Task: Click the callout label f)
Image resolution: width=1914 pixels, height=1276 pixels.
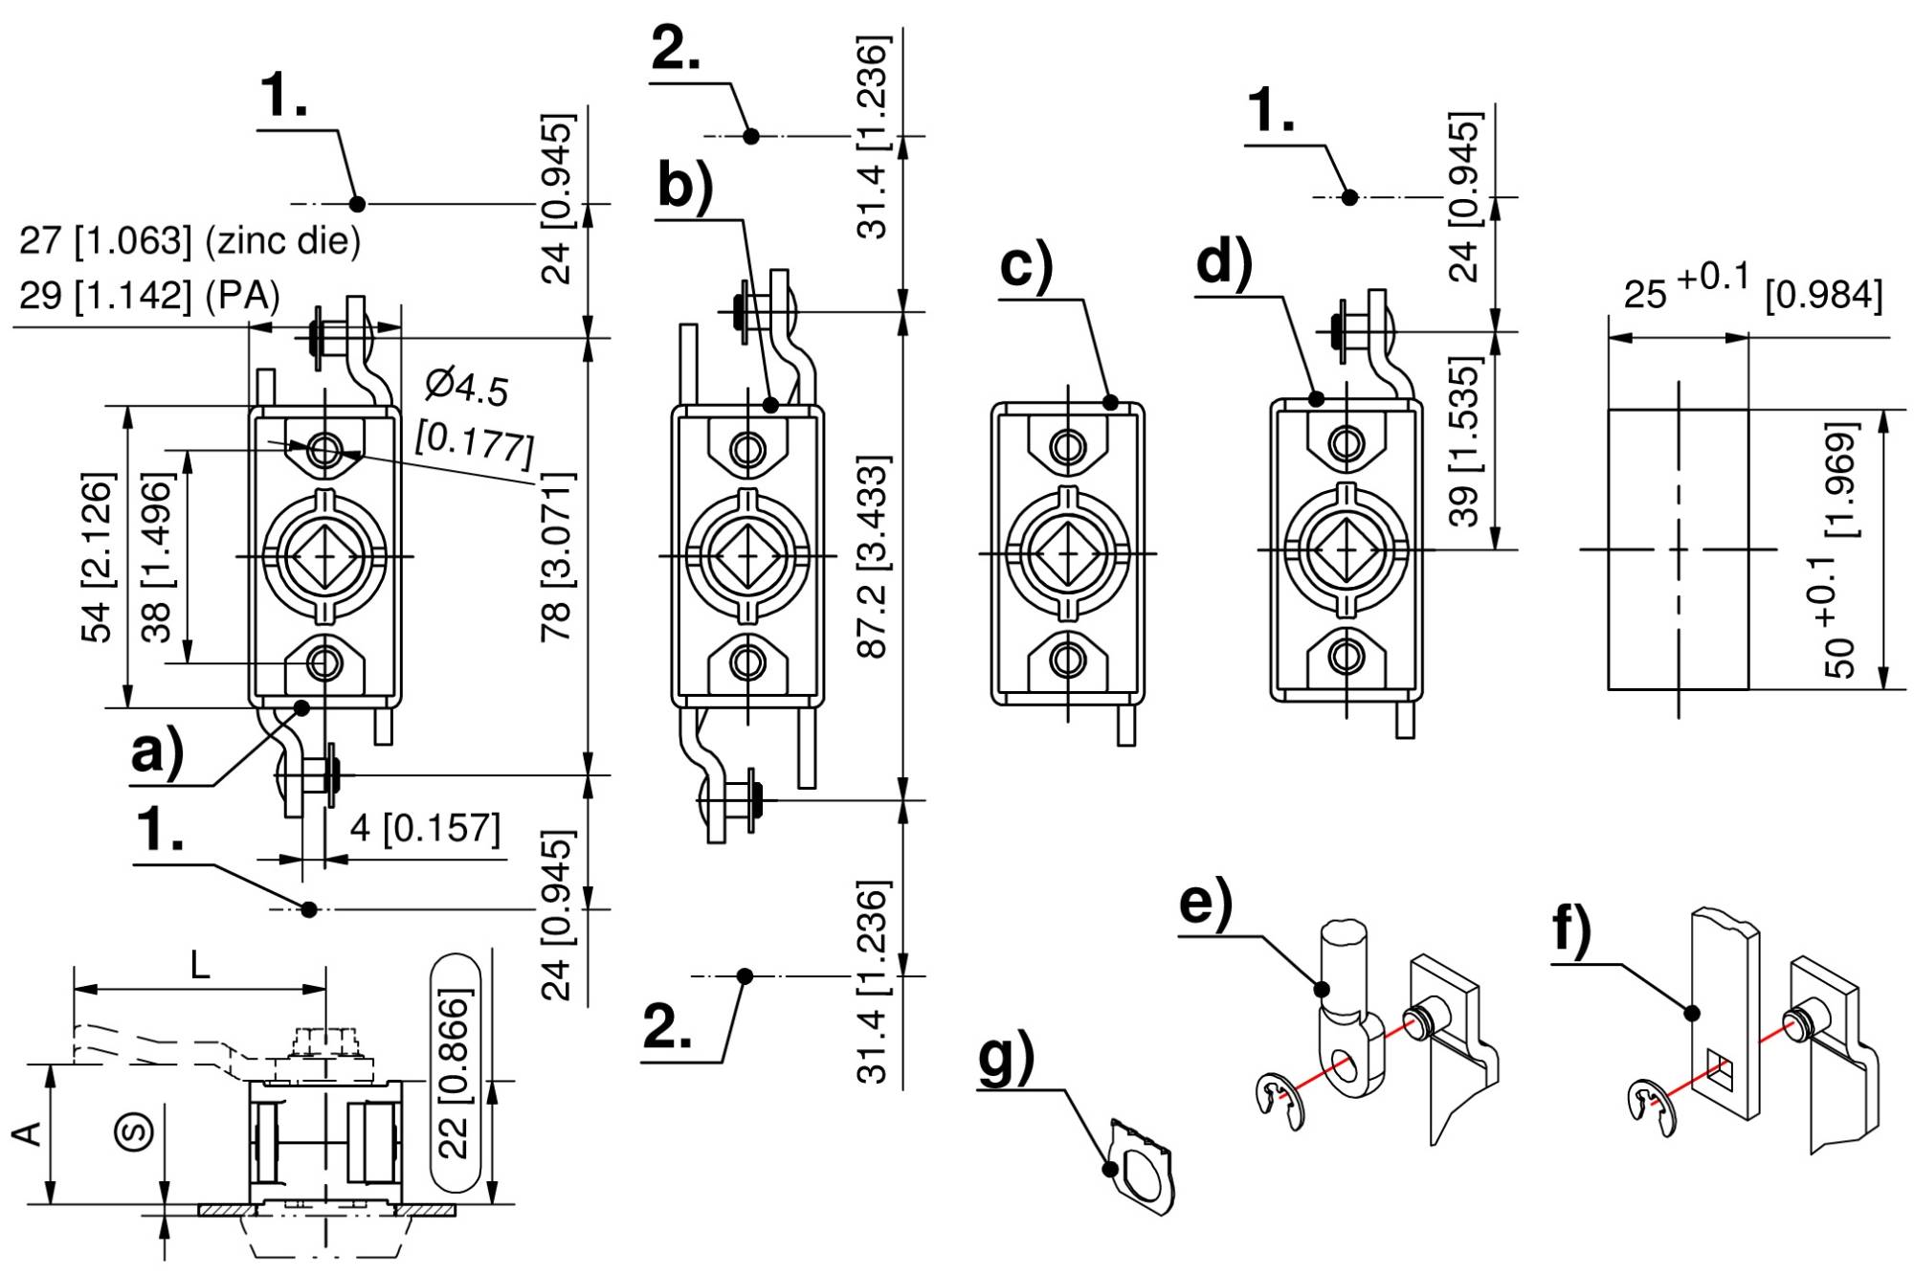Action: pos(1571,929)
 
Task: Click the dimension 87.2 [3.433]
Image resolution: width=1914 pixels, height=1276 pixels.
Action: pos(872,556)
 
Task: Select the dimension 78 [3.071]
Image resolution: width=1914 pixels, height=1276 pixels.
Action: pos(556,556)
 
